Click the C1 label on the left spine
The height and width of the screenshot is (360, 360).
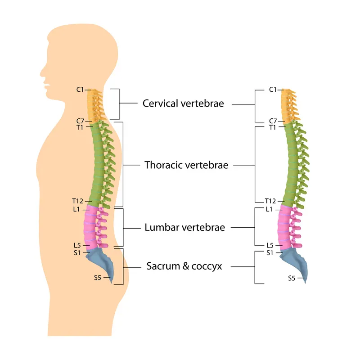(80, 90)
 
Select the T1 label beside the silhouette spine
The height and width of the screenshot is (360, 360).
(80, 127)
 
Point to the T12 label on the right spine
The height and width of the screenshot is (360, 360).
(270, 201)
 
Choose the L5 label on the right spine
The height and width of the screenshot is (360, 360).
(270, 245)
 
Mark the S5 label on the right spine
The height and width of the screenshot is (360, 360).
(292, 278)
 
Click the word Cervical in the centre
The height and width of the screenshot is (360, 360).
(161, 103)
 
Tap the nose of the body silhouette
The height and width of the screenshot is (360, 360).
(41, 71)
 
